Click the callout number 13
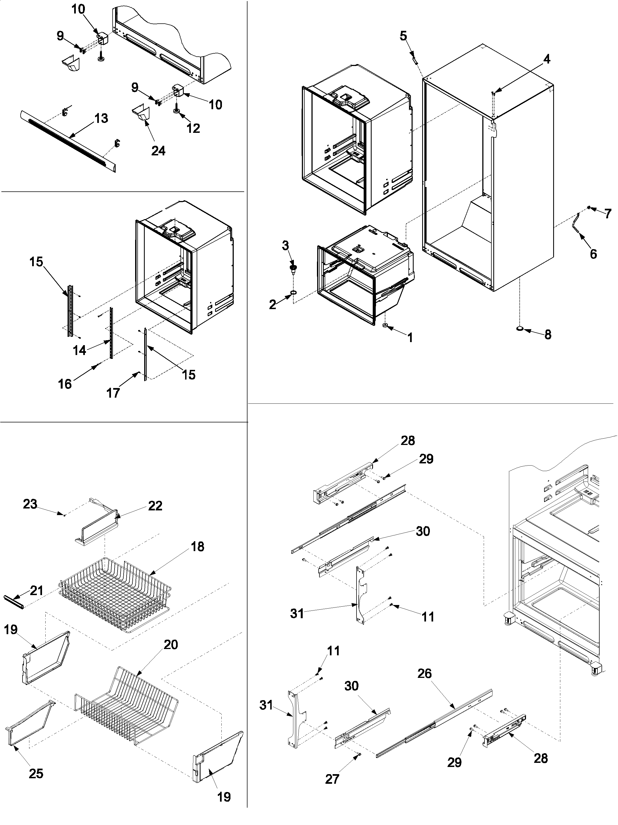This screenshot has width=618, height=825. click(x=101, y=118)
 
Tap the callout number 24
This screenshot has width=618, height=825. click(x=158, y=151)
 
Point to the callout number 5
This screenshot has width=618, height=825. click(x=403, y=36)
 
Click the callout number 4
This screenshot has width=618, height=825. click(x=547, y=59)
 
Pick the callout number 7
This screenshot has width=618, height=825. click(x=608, y=214)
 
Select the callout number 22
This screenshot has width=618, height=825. click(x=155, y=506)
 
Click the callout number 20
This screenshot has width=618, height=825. click(x=171, y=645)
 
